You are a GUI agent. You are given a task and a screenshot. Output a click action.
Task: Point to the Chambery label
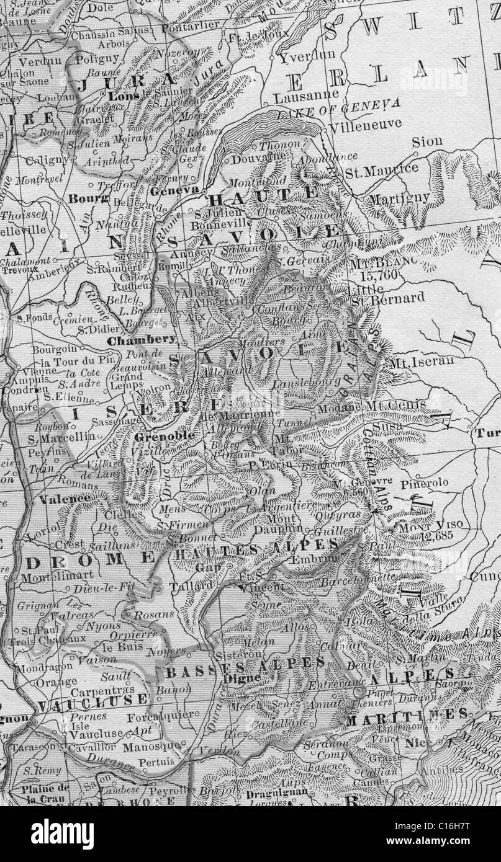140,340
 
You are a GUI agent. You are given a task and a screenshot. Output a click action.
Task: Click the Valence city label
65,498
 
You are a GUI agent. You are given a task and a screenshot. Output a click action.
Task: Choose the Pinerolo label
424,482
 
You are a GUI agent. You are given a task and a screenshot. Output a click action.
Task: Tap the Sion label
427,141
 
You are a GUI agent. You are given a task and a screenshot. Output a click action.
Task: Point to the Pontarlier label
191,26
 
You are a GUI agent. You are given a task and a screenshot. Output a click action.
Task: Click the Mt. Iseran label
422,360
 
